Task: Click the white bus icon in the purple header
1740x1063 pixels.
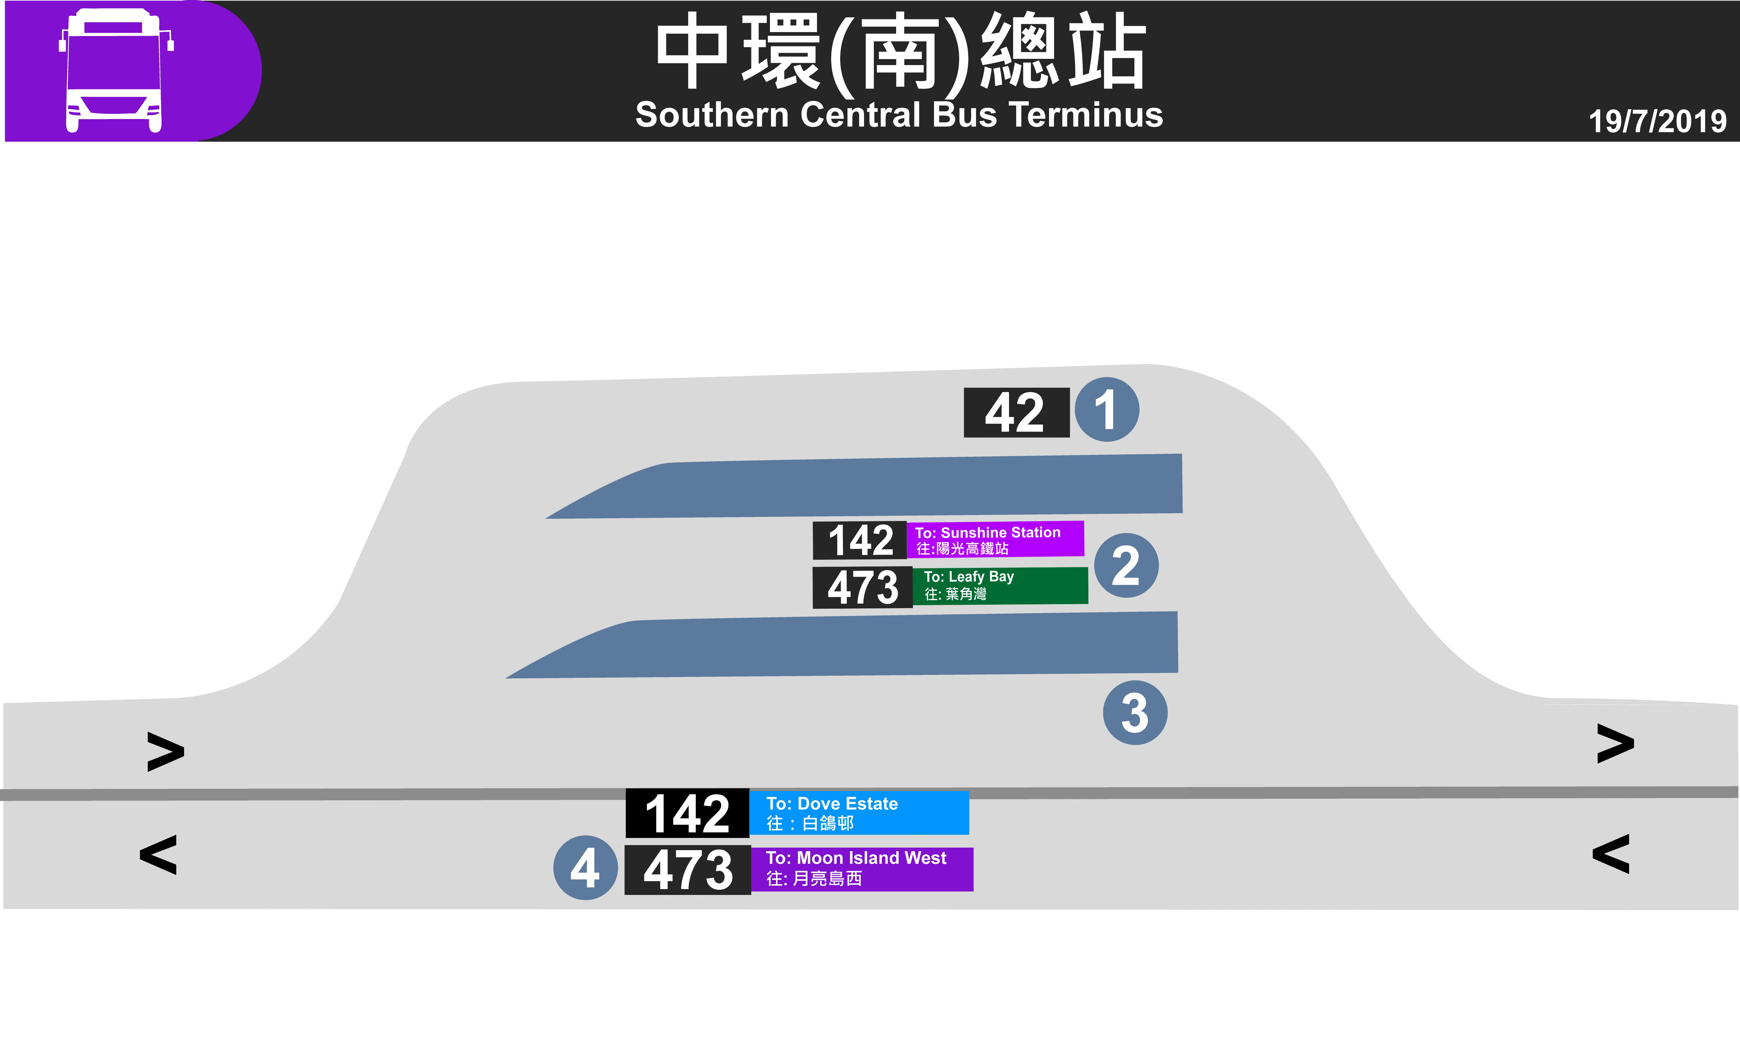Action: click(x=115, y=71)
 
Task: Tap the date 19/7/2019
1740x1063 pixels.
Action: click(x=1657, y=121)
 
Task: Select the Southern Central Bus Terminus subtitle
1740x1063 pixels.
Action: click(x=899, y=115)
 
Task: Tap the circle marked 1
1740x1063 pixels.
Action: click(x=1107, y=410)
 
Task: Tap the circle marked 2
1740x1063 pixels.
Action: click(x=1126, y=565)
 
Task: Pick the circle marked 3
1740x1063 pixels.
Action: click(x=1135, y=713)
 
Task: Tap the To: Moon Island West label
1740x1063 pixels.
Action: click(x=862, y=869)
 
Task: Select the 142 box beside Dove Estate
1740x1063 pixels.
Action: click(x=687, y=813)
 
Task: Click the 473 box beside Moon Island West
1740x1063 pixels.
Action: click(x=687, y=869)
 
